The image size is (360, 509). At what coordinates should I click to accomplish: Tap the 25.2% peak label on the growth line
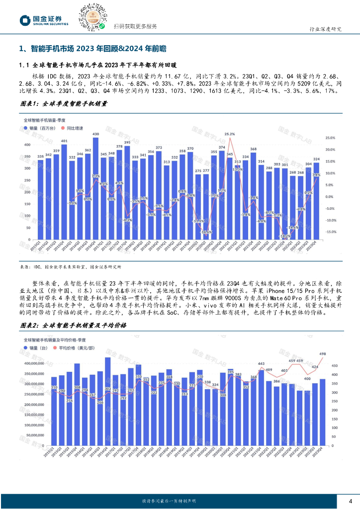229,134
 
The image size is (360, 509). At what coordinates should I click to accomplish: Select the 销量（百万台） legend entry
40,128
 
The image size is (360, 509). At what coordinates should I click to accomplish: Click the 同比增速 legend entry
72,128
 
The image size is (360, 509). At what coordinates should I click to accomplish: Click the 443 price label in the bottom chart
261,363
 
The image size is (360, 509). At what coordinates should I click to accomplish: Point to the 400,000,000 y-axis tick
36,364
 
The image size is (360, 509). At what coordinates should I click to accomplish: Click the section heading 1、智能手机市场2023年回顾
92,48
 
